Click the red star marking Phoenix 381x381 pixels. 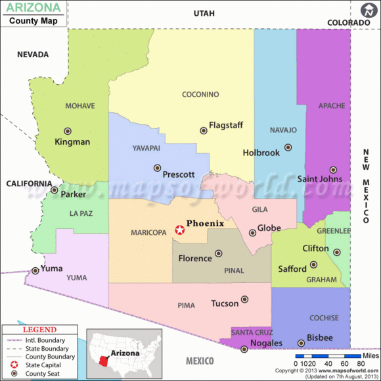coord(179,230)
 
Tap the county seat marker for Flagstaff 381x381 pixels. coord(203,130)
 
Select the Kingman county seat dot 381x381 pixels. coord(67,131)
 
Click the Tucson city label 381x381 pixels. coord(225,303)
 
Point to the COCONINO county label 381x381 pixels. coord(200,94)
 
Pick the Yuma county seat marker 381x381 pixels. coord(35,270)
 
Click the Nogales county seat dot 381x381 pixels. coord(244,349)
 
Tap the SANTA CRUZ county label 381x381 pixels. coord(251,332)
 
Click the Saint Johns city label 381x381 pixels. coord(320,179)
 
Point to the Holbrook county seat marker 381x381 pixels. coord(288,147)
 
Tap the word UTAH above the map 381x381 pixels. coord(204,13)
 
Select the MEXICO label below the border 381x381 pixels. coord(200,361)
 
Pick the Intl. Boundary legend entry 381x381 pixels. coord(48,340)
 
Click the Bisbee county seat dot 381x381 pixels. coord(301,343)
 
